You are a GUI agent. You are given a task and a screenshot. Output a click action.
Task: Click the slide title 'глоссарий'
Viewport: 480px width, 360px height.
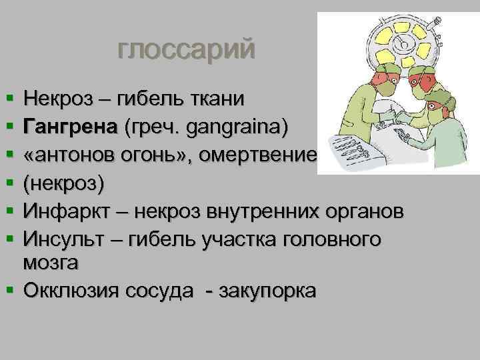[x=186, y=51]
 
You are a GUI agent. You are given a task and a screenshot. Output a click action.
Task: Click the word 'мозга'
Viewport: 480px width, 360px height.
[x=51, y=263]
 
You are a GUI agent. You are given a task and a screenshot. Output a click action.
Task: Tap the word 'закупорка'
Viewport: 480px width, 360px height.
[x=267, y=291]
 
